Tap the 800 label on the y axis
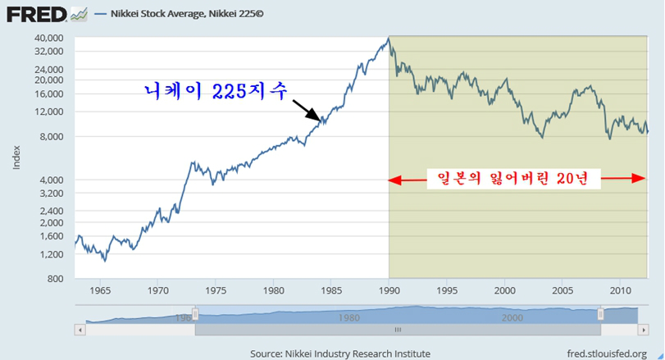(57, 279)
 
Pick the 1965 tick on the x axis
(100, 290)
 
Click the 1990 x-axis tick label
(389, 290)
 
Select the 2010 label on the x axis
(620, 290)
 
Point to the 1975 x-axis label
(216, 290)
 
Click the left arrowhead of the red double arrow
(394, 178)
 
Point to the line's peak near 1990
(389, 38)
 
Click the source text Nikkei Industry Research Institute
(339, 353)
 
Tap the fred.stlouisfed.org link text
(607, 353)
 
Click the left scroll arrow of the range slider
(80, 330)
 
